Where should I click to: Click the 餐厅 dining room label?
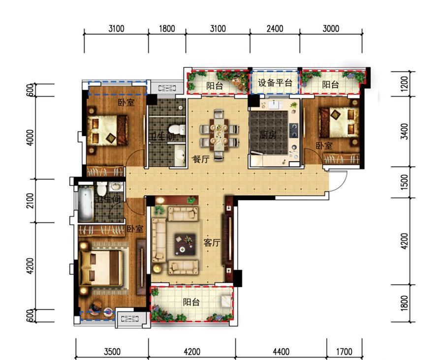pyautogui.click(x=201, y=159)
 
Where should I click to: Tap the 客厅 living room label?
pyautogui.click(x=212, y=242)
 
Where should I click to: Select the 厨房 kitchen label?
pyautogui.click(x=268, y=135)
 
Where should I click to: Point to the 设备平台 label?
pyautogui.click(x=275, y=83)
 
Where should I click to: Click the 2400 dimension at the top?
pyautogui.click(x=275, y=29)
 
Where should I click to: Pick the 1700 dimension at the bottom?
pyautogui.click(x=344, y=352)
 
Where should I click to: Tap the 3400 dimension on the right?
pyautogui.click(x=405, y=131)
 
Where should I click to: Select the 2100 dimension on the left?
pyautogui.click(x=30, y=201)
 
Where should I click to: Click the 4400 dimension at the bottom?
pyautogui.click(x=281, y=352)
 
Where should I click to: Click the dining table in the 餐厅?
pyautogui.click(x=219, y=135)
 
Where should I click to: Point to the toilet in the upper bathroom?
pyautogui.click(x=177, y=130)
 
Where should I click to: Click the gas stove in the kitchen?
pyautogui.click(x=294, y=130)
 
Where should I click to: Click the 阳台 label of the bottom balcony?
pyautogui.click(x=191, y=302)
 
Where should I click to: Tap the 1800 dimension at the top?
pyautogui.click(x=167, y=29)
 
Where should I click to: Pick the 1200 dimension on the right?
pyautogui.click(x=405, y=84)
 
